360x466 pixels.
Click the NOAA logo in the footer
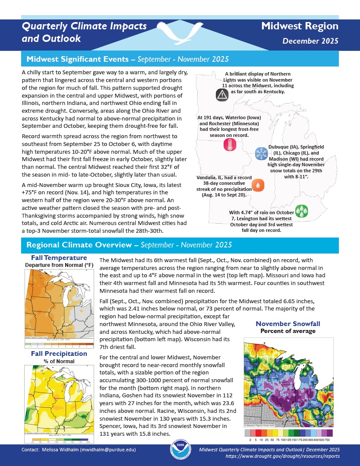[x=180, y=452]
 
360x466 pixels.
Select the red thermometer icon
[x=230, y=146]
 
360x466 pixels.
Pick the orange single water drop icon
[x=258, y=185]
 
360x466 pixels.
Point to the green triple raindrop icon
[x=301, y=210]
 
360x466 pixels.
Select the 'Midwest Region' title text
[x=300, y=26]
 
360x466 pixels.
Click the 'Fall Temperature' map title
[x=59, y=258]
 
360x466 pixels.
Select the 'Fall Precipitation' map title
[x=59, y=354]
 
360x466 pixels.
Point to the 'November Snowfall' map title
[x=288, y=324]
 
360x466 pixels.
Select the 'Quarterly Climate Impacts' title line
[x=84, y=26]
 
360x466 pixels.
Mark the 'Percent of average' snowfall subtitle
[x=288, y=331]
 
